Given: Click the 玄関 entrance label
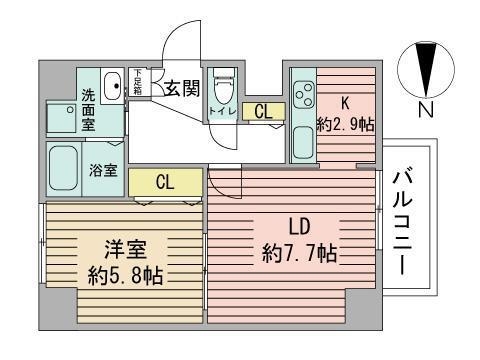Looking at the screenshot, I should click(182, 88).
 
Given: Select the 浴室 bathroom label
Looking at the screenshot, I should click(104, 170).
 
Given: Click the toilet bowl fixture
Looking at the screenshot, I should click(224, 81).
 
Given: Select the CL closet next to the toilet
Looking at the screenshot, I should click(262, 112).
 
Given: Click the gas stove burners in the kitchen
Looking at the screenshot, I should click(301, 98).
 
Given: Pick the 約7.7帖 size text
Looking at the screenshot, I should click(298, 254).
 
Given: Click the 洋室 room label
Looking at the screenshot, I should click(130, 246).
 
